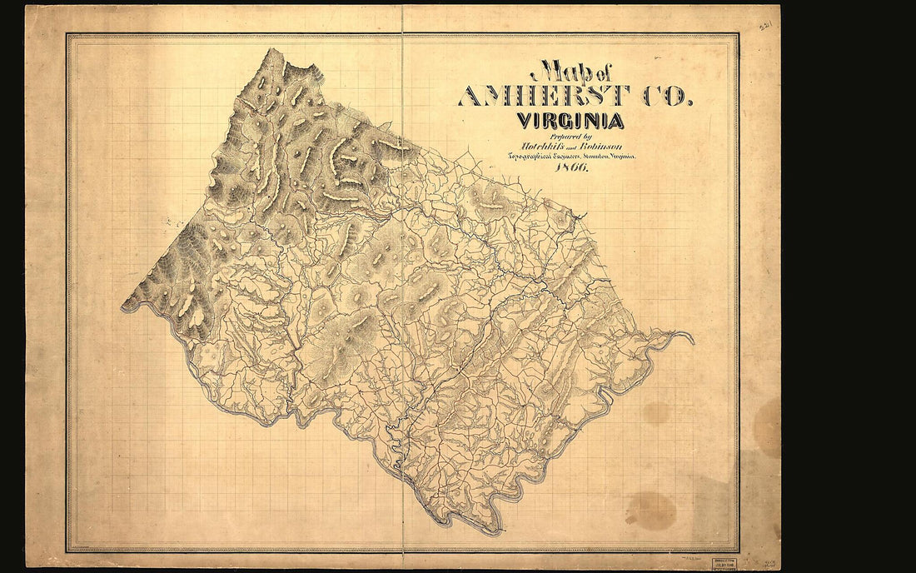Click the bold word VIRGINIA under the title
tap(570, 121)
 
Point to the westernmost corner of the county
tap(122, 308)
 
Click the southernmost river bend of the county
tap(491, 531)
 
